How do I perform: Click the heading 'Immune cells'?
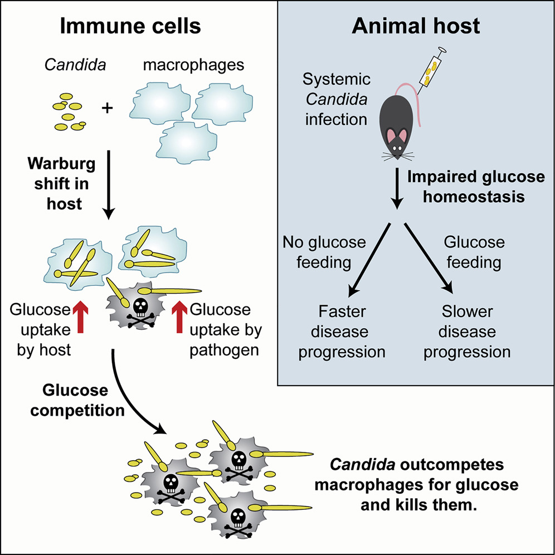130,27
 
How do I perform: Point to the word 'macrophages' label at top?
193,65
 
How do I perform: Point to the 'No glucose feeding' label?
324,252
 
